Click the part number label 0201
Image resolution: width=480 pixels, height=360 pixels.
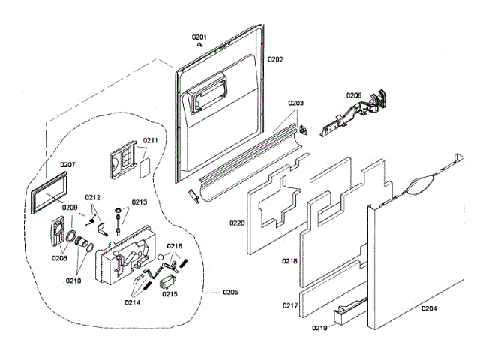pos(198,37)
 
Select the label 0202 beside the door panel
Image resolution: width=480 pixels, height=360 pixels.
pos(275,59)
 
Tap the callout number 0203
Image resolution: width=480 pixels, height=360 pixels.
pos(296,103)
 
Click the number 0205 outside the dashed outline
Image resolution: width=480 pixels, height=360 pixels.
pos(229,292)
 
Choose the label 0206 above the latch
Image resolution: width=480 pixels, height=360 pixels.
pos(354,95)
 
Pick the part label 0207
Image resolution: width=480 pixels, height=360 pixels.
pos(68,164)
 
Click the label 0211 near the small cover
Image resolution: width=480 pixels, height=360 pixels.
pos(150,140)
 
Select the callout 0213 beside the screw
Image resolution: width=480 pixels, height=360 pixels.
pos(139,202)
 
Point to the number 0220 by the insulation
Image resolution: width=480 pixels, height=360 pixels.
pos(237,223)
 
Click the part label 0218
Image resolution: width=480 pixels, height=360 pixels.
pos(289,262)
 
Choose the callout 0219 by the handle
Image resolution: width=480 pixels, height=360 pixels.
pos(321,328)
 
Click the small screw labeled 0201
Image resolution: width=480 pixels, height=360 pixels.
pos(200,45)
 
